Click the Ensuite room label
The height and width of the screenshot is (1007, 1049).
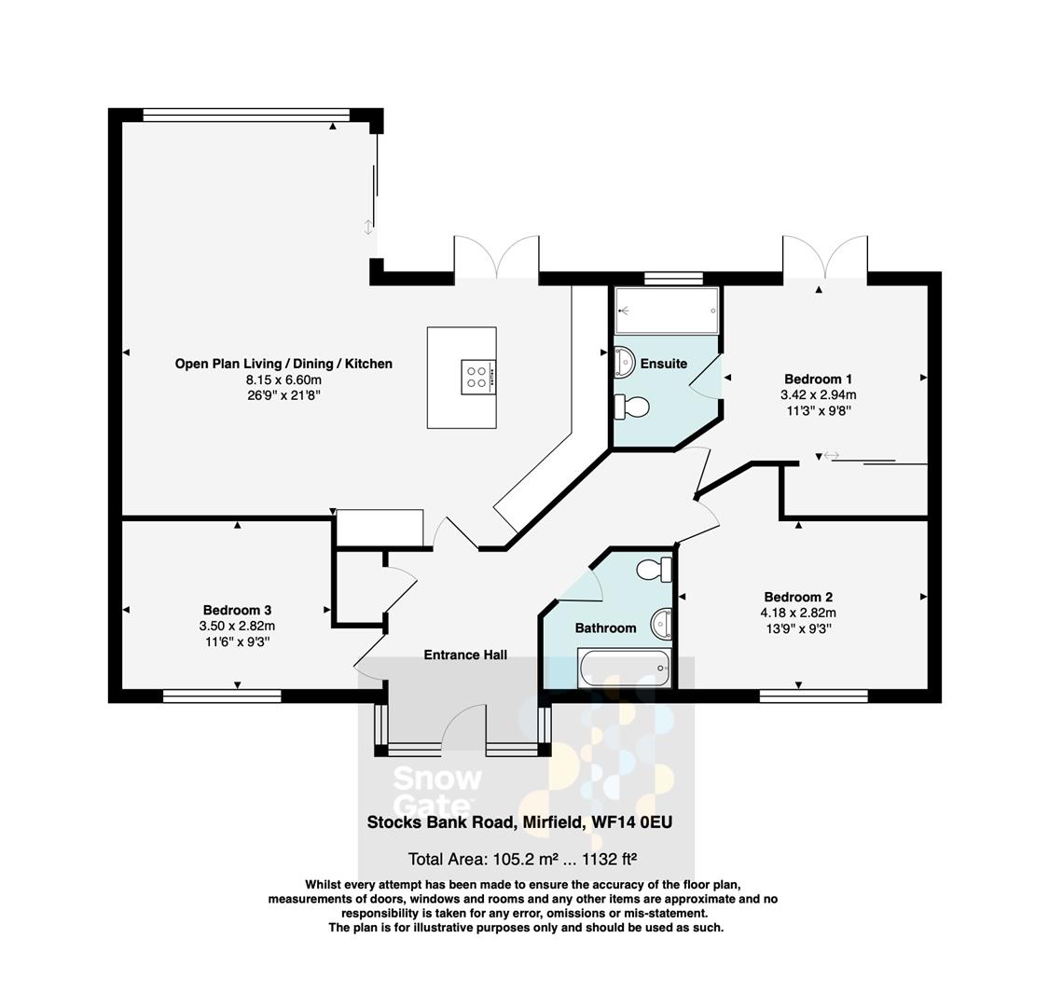pyautogui.click(x=663, y=364)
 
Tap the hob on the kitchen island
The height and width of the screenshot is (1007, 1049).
pyautogui.click(x=478, y=376)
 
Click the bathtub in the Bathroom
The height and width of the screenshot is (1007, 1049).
pyautogui.click(x=624, y=669)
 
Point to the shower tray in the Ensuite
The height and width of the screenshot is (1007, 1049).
pyautogui.click(x=667, y=310)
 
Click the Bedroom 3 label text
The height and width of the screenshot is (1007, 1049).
pyautogui.click(x=237, y=610)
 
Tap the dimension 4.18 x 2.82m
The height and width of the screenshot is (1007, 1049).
pyautogui.click(x=797, y=613)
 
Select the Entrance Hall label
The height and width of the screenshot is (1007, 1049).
pyautogui.click(x=465, y=655)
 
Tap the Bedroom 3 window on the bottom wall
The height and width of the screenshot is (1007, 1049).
pyautogui.click(x=222, y=695)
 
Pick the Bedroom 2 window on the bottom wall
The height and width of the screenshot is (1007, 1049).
pyautogui.click(x=813, y=695)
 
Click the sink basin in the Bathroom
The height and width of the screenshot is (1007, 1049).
pyautogui.click(x=662, y=622)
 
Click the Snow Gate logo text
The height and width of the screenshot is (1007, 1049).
pyautogui.click(x=436, y=791)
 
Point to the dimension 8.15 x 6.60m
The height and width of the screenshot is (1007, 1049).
pyautogui.click(x=283, y=379)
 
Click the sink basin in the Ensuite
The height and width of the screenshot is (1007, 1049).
pyautogui.click(x=623, y=361)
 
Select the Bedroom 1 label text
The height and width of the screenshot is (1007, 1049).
pyautogui.click(x=818, y=379)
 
